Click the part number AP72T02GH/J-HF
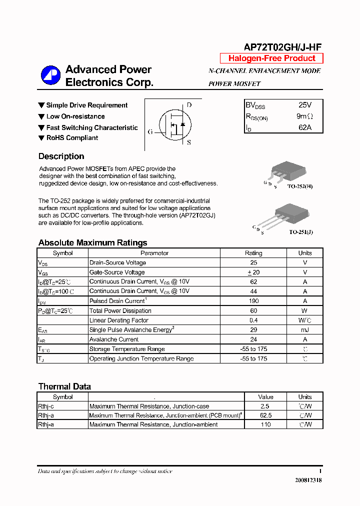tap(282, 47)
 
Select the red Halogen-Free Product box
tap(271, 58)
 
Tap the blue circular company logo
tap(50, 75)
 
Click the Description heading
tap(61, 156)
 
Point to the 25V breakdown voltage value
tap(304, 105)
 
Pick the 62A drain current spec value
tap(304, 127)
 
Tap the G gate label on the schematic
tap(150, 132)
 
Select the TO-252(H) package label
tap(300, 186)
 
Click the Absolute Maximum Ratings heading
tap(92, 243)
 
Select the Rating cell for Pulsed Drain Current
tap(253, 301)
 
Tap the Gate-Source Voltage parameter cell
tap(117, 272)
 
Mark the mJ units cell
tap(304, 330)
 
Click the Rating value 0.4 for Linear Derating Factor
tap(253, 320)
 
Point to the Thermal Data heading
tap(64, 386)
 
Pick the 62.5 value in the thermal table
tap(265, 415)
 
